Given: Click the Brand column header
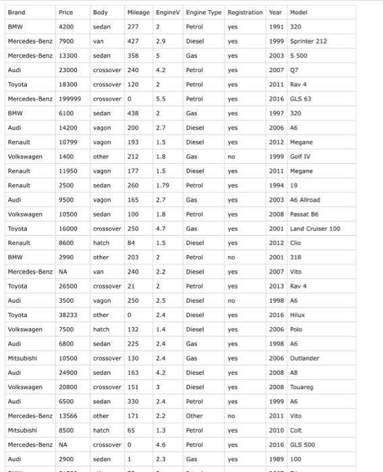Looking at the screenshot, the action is click(17, 12).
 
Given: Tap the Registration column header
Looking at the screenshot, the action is click(245, 12).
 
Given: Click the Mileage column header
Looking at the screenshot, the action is click(138, 12).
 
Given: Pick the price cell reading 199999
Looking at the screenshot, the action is click(70, 98).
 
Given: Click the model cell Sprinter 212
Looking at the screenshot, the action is click(308, 41).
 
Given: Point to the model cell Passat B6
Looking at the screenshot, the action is click(304, 214).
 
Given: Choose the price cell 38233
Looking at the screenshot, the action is click(68, 315).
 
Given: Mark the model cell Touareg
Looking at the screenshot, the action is click(301, 387).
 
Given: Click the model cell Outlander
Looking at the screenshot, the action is click(304, 358).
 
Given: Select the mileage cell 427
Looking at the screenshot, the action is click(133, 41).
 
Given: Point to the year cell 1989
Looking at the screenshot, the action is click(275, 459).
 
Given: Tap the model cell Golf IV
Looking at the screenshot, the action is click(300, 156).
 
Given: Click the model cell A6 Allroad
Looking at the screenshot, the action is click(305, 200).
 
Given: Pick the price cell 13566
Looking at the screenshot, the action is click(68, 416).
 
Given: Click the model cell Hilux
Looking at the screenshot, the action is click(297, 315).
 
